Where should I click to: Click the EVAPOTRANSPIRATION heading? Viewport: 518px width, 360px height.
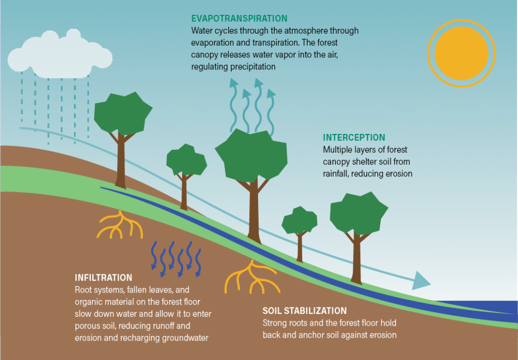tap(239, 18)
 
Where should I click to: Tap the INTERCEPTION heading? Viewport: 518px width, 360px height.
tap(354, 137)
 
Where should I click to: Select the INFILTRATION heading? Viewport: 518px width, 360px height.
tap(103, 278)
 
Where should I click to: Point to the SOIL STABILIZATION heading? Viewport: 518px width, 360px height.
tap(304, 311)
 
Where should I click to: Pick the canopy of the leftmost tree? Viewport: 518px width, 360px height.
tap(122, 113)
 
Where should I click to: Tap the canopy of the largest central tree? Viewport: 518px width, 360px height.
tap(251, 157)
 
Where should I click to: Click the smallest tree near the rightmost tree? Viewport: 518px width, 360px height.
tap(299, 221)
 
